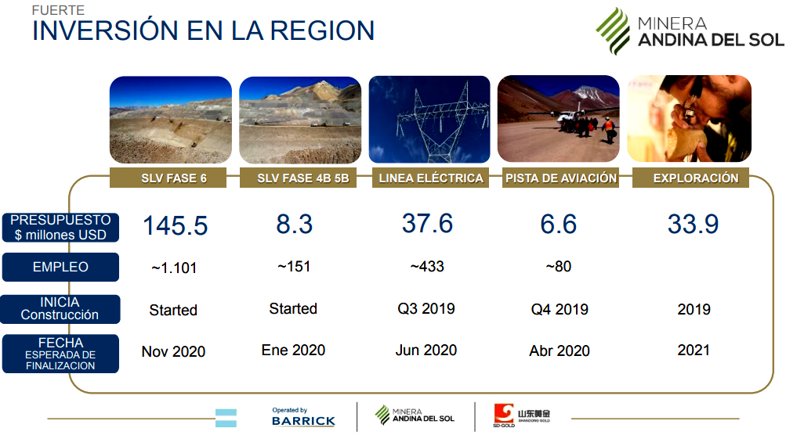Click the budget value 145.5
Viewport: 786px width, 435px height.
(x=176, y=226)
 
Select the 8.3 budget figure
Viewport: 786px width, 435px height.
(x=294, y=225)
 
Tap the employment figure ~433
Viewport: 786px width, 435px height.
(x=427, y=266)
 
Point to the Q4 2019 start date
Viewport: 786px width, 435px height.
(x=560, y=309)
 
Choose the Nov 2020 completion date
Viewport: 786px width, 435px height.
(x=173, y=351)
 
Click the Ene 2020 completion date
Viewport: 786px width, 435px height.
(x=293, y=350)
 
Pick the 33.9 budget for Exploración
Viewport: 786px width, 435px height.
(x=694, y=225)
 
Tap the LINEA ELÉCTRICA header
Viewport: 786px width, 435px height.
(x=430, y=178)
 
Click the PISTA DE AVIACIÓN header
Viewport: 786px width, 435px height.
(x=561, y=178)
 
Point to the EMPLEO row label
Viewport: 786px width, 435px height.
(x=60, y=267)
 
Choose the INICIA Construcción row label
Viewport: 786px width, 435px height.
(x=60, y=309)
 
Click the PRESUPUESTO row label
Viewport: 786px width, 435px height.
(x=60, y=227)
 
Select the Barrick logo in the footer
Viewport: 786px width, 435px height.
(x=303, y=417)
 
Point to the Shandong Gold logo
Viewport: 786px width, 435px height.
(x=521, y=415)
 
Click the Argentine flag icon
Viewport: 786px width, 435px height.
(x=226, y=418)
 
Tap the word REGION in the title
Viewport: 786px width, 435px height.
(x=322, y=31)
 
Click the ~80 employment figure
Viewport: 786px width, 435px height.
(x=559, y=266)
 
